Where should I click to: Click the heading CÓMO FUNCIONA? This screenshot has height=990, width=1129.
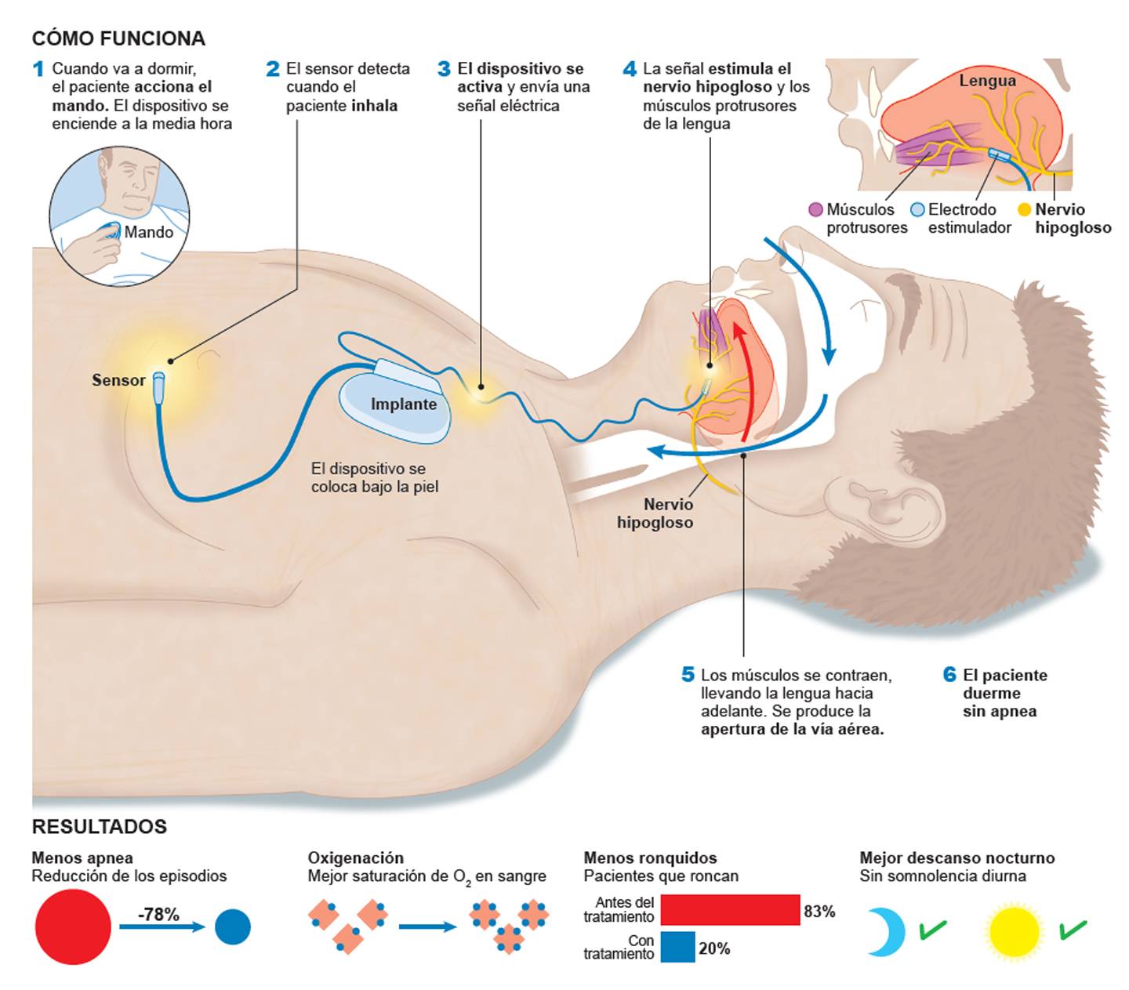118,38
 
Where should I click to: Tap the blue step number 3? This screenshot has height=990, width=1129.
444,69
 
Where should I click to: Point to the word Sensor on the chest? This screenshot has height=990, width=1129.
118,380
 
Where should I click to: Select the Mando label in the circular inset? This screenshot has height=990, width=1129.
148,232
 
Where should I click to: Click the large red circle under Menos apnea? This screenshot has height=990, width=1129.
73,927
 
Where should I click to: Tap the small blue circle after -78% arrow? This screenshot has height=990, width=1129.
232,927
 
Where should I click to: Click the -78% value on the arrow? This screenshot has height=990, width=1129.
159,914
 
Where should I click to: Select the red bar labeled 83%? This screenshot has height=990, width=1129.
729,911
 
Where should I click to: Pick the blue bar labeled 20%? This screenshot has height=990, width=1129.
677,947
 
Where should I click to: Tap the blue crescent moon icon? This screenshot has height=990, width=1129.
886,931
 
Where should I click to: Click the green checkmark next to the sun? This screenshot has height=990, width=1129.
1072,930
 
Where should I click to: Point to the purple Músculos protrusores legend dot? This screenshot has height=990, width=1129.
815,209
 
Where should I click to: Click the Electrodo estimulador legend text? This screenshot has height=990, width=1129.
969,219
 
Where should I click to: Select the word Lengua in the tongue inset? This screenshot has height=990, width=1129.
987,81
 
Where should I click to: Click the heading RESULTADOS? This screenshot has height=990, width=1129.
99,827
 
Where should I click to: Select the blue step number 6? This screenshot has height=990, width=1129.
949,675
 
